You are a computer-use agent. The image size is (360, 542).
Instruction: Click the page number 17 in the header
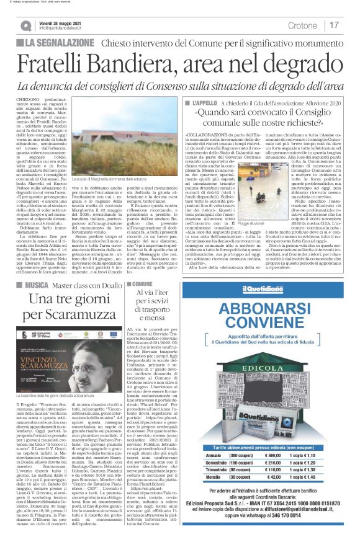click(x=335, y=25)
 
